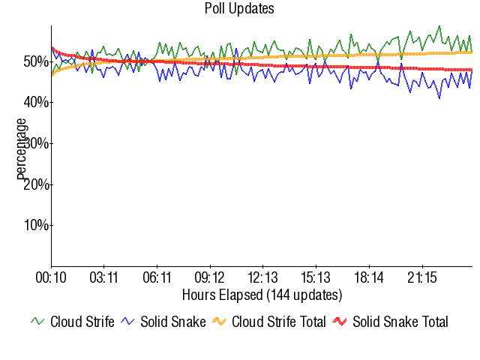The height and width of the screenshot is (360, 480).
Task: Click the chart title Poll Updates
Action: tap(239, 9)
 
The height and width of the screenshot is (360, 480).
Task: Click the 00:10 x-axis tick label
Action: tap(51, 278)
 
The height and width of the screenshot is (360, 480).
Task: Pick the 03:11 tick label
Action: tap(103, 278)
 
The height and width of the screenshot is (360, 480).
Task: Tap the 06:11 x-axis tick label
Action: tap(157, 278)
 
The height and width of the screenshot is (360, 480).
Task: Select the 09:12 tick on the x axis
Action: tap(210, 278)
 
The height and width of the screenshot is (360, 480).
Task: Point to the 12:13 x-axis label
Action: tap(263, 278)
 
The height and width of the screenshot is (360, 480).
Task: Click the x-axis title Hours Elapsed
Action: tap(262, 294)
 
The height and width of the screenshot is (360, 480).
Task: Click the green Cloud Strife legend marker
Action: tap(38, 322)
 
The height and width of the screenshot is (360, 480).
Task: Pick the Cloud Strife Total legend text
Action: tap(278, 322)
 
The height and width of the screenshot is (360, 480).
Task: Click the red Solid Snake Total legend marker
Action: tap(340, 322)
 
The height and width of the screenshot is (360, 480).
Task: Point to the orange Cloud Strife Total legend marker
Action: tap(220, 322)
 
